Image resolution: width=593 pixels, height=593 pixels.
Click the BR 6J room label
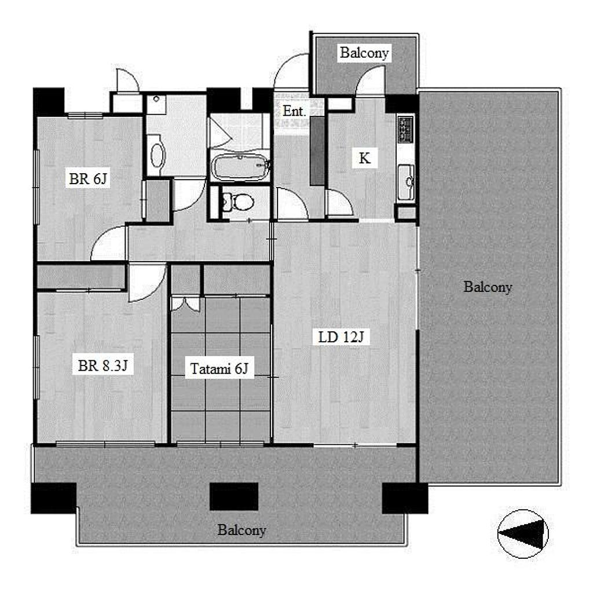click(x=88, y=178)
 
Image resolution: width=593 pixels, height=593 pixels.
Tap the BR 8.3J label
click(x=103, y=365)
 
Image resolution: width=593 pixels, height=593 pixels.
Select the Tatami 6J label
click(x=219, y=368)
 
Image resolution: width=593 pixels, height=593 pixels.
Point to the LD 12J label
click(x=341, y=336)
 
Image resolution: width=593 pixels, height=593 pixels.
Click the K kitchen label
click(x=364, y=158)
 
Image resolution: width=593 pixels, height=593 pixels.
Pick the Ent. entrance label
click(x=294, y=111)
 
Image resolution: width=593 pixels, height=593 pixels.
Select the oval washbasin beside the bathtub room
click(x=156, y=155)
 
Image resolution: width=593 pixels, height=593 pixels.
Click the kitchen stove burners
click(x=406, y=129)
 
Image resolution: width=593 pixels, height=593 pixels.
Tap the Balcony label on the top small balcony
click(x=364, y=53)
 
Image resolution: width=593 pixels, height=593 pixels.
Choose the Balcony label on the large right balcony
click(x=488, y=287)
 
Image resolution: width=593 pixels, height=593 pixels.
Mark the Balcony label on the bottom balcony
click(x=241, y=530)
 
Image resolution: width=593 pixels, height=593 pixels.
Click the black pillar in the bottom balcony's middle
click(x=234, y=496)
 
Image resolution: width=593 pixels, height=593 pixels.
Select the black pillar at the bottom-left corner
click(x=54, y=498)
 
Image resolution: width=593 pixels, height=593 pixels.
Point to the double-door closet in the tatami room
click(x=185, y=304)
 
